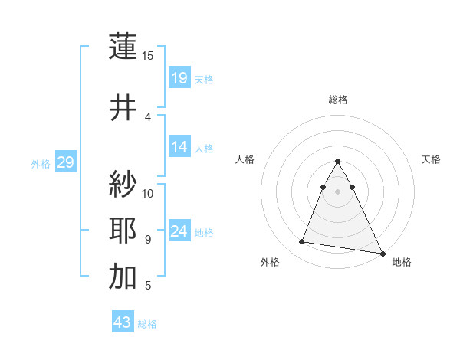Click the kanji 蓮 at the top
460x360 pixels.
pyautogui.click(x=123, y=47)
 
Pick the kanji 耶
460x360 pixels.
pyautogui.click(x=123, y=231)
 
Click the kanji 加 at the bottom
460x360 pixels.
pyautogui.click(x=123, y=277)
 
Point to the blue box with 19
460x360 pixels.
pyautogui.click(x=179, y=77)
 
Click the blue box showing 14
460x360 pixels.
pyautogui.click(x=179, y=147)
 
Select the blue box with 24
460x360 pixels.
pyautogui.click(x=179, y=231)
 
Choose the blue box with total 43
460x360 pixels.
pyautogui.click(x=123, y=322)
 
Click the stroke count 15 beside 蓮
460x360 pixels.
pyautogui.click(x=148, y=56)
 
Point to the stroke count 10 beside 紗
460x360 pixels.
pyautogui.click(x=148, y=193)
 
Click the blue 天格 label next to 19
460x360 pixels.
pyautogui.click(x=204, y=79)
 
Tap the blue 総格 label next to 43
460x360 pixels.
pyautogui.click(x=147, y=324)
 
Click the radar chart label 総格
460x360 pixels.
pyautogui.click(x=338, y=100)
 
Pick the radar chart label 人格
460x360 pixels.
pyautogui.click(x=245, y=159)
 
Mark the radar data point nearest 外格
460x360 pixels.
pyautogui.click(x=302, y=242)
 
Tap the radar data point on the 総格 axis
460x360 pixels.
pyautogui.click(x=338, y=162)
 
